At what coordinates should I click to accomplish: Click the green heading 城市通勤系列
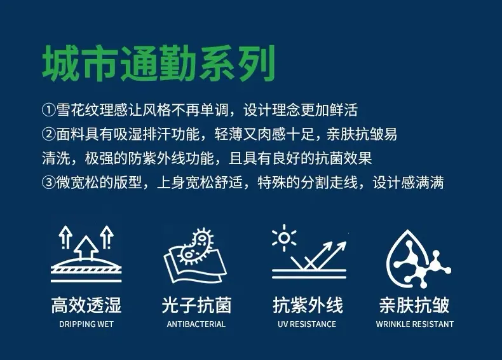(x=159, y=63)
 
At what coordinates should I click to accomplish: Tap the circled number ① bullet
(x=49, y=110)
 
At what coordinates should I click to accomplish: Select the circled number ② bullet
(x=49, y=134)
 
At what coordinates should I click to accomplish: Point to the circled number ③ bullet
(x=49, y=183)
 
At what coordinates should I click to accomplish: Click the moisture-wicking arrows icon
(x=86, y=254)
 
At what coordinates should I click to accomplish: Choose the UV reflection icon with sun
(x=309, y=252)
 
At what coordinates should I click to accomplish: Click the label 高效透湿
(x=86, y=305)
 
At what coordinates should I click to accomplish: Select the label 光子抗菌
(x=196, y=305)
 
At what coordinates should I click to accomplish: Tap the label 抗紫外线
(x=308, y=305)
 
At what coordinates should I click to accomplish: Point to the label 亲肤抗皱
(x=414, y=305)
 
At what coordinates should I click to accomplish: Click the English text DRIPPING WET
(x=86, y=324)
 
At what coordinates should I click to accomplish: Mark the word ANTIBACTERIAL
(x=196, y=324)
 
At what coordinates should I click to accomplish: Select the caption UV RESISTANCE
(x=307, y=324)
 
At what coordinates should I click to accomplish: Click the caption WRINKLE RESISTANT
(x=414, y=324)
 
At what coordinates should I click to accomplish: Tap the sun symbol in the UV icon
(x=283, y=238)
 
